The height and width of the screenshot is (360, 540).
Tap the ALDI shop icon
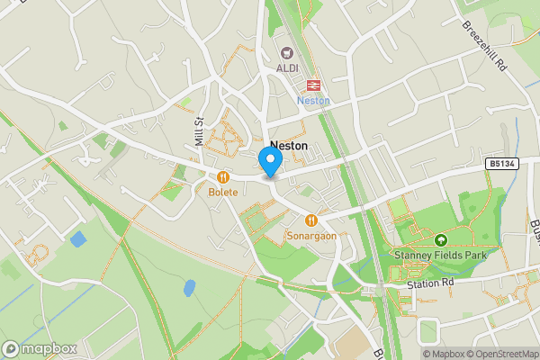288,54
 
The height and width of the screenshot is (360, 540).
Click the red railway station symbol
313,85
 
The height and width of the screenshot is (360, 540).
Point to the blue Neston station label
313,101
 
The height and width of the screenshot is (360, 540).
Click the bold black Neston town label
288,145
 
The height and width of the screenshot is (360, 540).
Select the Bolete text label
222,193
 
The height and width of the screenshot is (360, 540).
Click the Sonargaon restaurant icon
311,220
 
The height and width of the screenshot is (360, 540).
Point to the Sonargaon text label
311,235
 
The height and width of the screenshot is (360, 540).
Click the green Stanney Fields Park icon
441,240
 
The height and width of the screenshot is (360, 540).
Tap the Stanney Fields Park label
440,255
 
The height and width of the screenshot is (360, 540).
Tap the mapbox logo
39,348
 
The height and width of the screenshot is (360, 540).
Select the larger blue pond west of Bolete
77,239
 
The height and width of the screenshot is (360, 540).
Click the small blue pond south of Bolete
189,288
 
